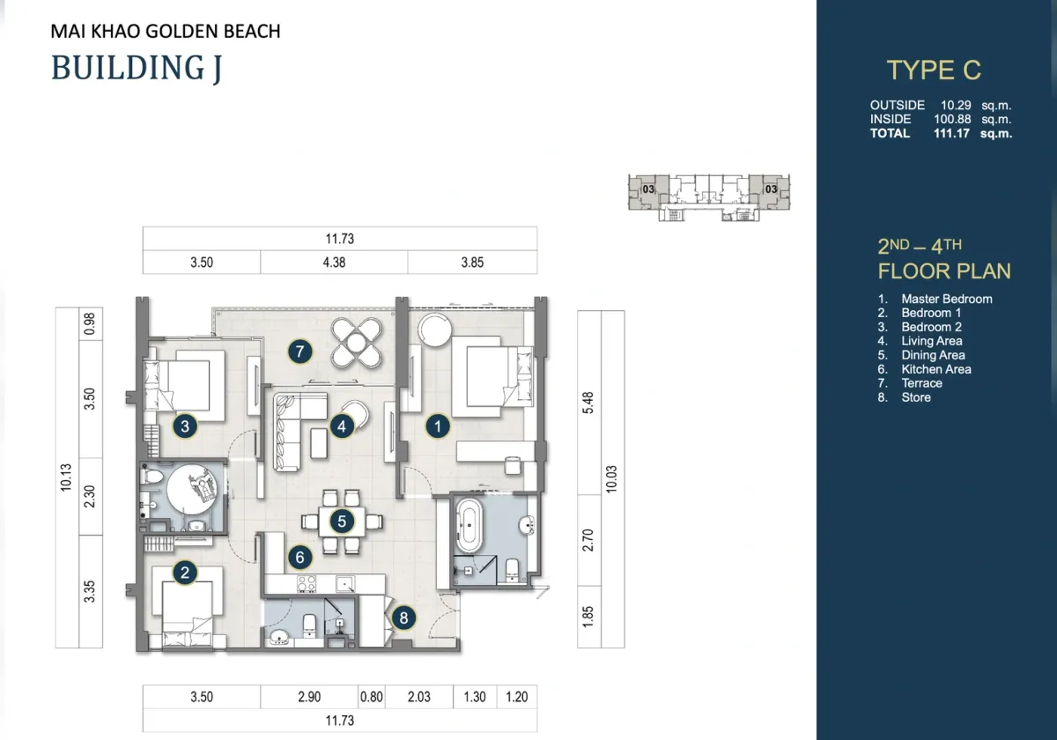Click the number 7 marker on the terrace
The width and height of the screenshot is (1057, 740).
pos(299,351)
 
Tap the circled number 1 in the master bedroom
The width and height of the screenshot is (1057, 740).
pos(438,426)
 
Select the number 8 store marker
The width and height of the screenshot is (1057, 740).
pos(403,618)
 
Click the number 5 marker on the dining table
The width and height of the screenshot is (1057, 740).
pos(342,522)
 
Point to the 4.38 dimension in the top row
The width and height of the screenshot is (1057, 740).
pos(334,263)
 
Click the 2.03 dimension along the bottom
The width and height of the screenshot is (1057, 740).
pos(419,697)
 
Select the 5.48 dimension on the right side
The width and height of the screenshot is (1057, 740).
pos(588,403)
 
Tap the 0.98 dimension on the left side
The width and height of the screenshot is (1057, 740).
pos(90,324)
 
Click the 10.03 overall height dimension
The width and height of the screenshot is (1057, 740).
pos(611,479)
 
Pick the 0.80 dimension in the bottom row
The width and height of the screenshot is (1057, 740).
pos(372,697)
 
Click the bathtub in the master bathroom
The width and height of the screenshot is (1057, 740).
pos(468,525)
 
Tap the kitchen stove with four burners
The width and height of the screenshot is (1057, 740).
pos(307,584)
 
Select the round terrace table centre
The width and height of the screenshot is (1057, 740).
pos(356,342)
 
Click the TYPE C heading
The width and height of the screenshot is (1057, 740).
pos(934,70)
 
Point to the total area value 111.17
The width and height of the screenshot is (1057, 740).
pos(951,134)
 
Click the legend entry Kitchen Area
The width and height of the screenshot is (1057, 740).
pos(936,369)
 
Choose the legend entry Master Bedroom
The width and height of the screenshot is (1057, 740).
pos(947,300)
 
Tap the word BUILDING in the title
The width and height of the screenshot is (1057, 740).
pos(128,67)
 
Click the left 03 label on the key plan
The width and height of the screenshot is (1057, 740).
pos(648,189)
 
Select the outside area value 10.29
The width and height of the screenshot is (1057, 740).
pos(956,105)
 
